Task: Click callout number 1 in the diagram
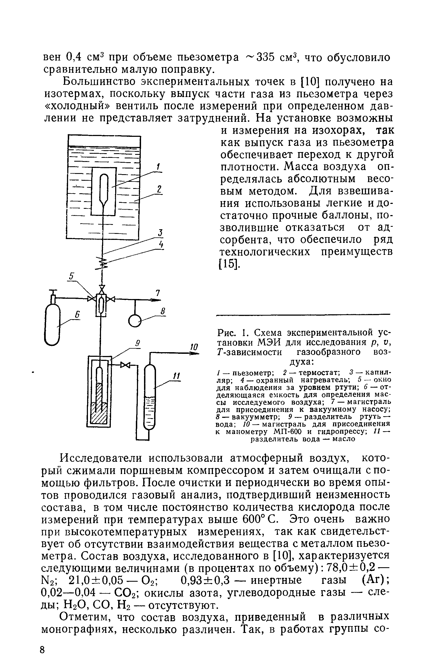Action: [x=158, y=167]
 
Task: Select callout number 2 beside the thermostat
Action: [x=159, y=189]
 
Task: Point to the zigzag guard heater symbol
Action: [x=103, y=262]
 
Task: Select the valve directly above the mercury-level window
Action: [x=102, y=288]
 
